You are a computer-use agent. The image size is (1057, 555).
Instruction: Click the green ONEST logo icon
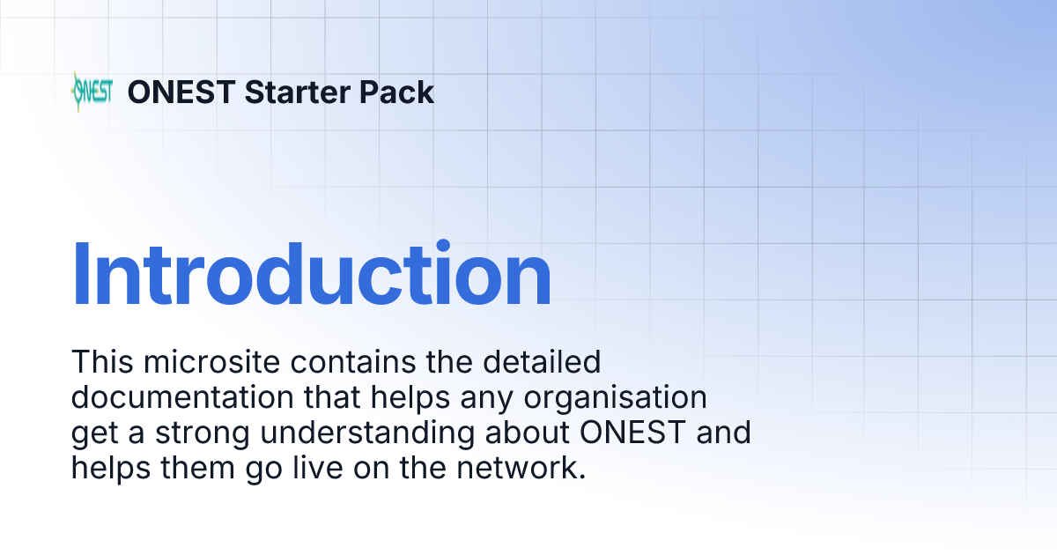tap(91, 92)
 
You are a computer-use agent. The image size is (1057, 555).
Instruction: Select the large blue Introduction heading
tap(311, 275)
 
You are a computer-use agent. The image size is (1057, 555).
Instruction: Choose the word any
tap(486, 398)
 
